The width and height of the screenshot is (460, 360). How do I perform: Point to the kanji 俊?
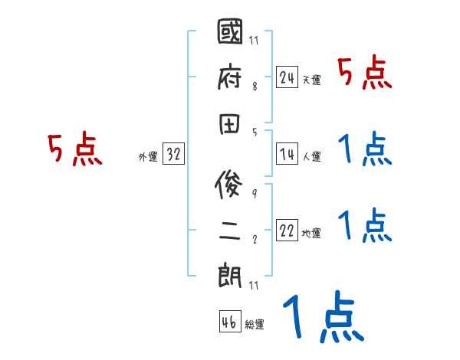231,184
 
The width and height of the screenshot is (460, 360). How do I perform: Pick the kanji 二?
231,228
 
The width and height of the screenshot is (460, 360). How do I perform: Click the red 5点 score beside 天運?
365,74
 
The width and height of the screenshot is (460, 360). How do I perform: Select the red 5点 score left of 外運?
74,149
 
